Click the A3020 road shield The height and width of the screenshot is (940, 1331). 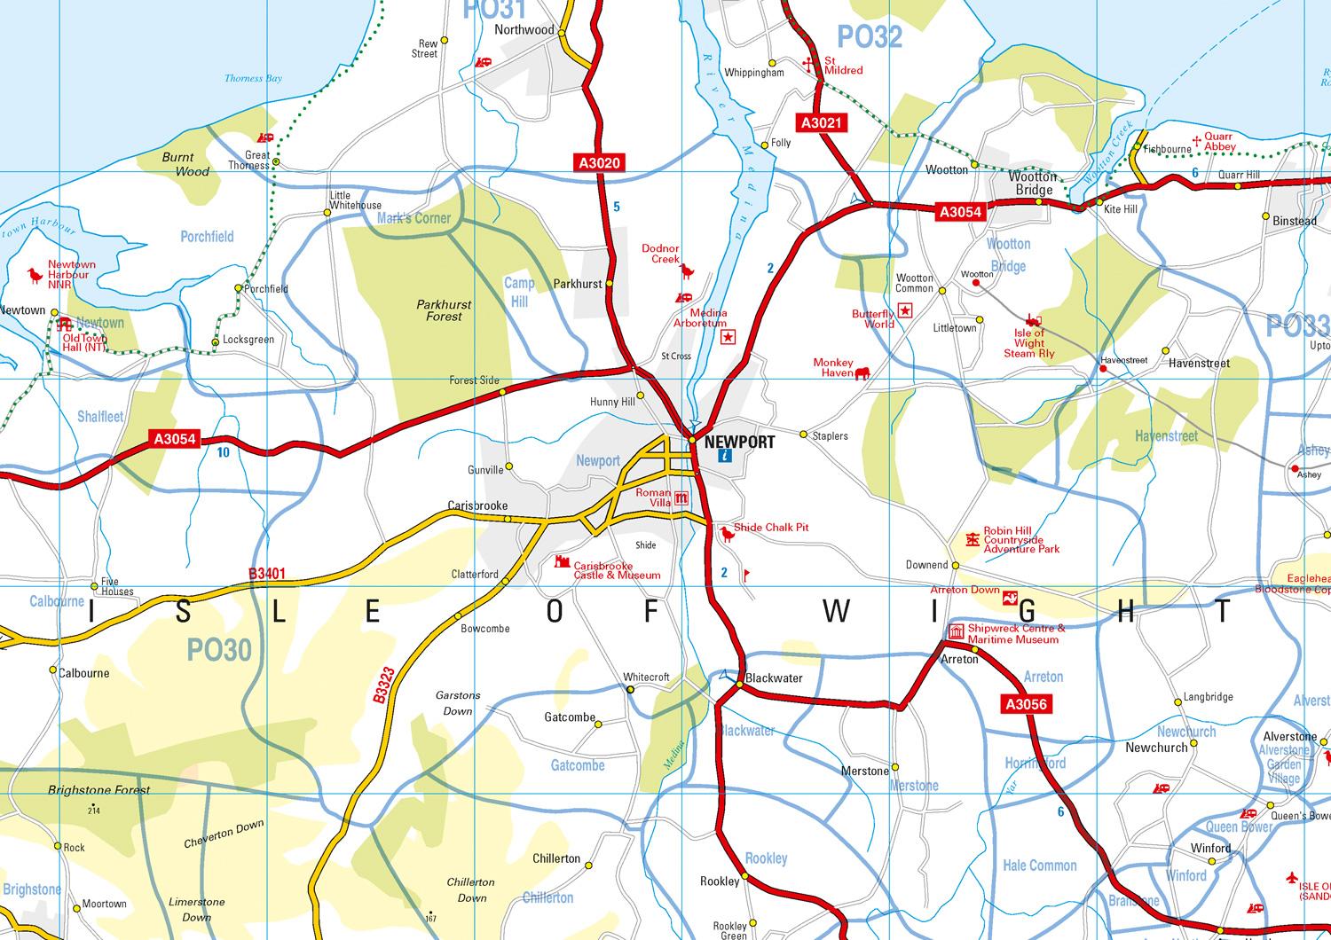tap(600, 162)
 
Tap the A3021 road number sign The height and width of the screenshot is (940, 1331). tap(821, 123)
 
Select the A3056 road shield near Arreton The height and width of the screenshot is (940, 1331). tap(1026, 705)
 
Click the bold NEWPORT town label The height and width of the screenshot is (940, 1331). tap(739, 442)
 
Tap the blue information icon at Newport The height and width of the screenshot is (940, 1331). tap(724, 457)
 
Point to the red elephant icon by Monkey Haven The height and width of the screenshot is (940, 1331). tap(862, 373)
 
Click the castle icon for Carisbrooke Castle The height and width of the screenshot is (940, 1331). tap(562, 562)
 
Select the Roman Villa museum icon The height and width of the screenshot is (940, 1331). tap(681, 498)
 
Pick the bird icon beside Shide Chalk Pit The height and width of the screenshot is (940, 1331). tap(727, 534)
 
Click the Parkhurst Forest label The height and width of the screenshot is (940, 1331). tap(444, 309)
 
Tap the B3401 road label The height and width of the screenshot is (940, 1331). tap(267, 575)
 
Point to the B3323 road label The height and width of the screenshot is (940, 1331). tap(382, 689)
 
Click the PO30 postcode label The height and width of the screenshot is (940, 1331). tap(219, 651)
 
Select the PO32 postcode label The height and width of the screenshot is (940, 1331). tap(870, 36)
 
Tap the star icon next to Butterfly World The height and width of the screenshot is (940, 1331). tap(905, 309)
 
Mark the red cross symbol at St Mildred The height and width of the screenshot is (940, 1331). tap(809, 62)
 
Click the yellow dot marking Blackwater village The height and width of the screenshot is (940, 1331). tap(738, 685)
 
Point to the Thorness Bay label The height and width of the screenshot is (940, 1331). tap(253, 78)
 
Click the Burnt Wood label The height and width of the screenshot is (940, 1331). tap(185, 164)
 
